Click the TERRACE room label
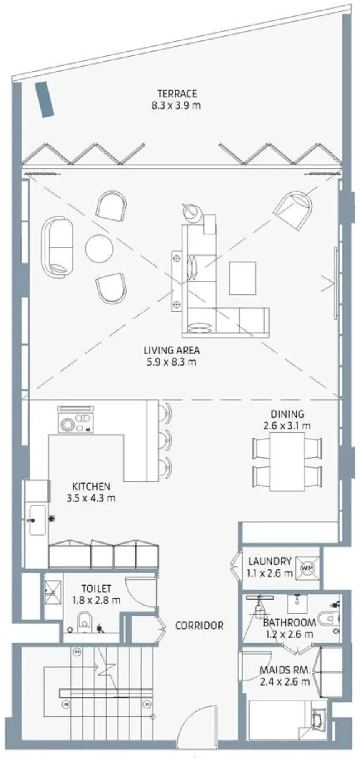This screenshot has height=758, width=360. coord(177,94)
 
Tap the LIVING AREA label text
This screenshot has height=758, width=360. coord(172,350)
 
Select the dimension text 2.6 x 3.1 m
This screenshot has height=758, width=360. coord(287,426)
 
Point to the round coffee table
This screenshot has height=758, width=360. coord(99,249)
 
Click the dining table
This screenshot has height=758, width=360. coord(287,462)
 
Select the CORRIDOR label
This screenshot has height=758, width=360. coord(199,626)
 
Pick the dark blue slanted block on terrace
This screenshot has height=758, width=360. coord(45,100)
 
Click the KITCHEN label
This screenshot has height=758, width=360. coord(91,486)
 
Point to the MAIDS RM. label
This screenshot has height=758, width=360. coord(285,671)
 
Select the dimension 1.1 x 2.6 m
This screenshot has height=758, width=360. coord(270,573)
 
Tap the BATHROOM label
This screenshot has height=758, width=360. coord(289,623)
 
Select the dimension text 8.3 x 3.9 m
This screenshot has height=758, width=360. coord(176,105)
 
